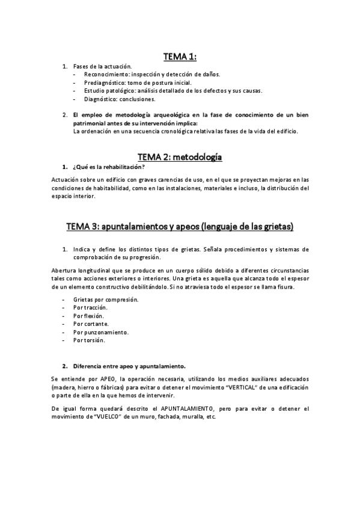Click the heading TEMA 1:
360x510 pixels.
click(x=180, y=57)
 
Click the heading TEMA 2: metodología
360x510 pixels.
click(x=180, y=157)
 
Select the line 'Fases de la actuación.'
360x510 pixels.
click(x=102, y=66)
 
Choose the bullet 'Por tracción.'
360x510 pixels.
click(x=91, y=307)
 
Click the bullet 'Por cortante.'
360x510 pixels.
click(x=91, y=324)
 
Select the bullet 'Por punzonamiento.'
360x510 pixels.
click(x=101, y=332)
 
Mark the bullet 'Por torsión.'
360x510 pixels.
click(x=89, y=340)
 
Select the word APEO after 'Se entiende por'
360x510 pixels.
click(x=109, y=379)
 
